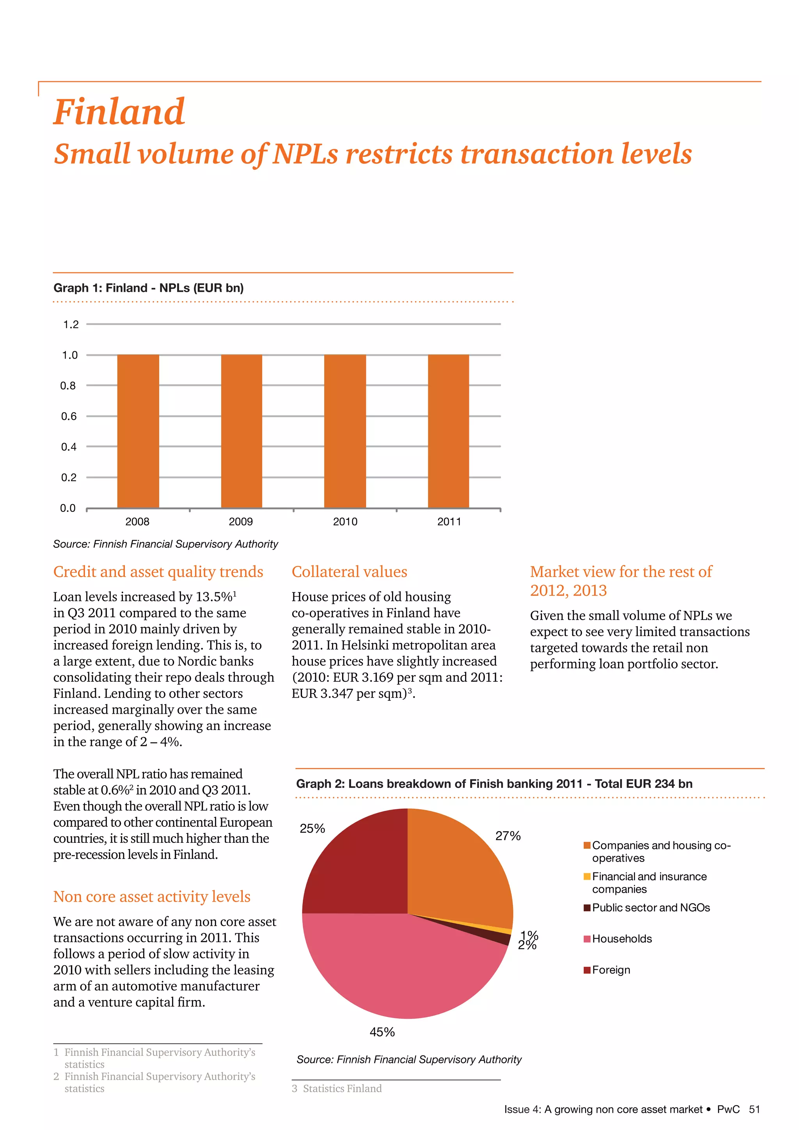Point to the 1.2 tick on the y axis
tap(71, 324)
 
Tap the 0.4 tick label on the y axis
tap(69, 447)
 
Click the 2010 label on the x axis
tap(345, 522)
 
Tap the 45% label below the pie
tap(382, 1032)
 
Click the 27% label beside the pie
tap(508, 836)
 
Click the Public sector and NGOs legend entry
tap(650, 908)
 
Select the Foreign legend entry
tap(611, 970)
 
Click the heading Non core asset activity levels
tap(151, 896)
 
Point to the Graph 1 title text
tap(149, 288)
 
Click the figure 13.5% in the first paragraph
tap(215, 597)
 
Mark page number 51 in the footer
tap(754, 1109)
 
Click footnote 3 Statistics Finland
tap(337, 1089)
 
